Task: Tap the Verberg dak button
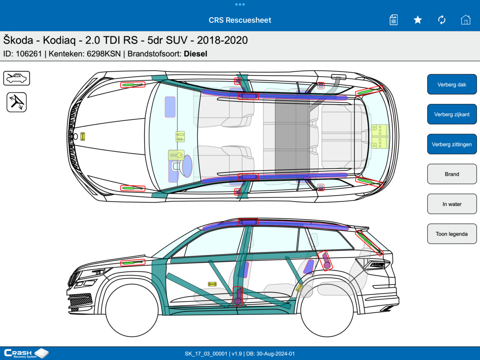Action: [x=452, y=84]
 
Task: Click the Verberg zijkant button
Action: [x=452, y=114]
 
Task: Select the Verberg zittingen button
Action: [x=452, y=144]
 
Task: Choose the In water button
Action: [x=452, y=204]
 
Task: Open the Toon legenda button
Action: [x=452, y=234]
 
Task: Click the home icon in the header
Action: [x=466, y=20]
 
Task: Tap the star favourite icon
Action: [x=418, y=20]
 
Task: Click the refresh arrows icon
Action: [x=442, y=20]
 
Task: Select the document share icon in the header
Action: [x=394, y=20]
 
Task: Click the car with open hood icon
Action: [x=17, y=78]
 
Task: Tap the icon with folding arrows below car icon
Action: [x=17, y=102]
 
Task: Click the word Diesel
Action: [x=195, y=54]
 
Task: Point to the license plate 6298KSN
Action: [x=104, y=54]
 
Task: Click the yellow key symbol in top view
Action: [x=176, y=155]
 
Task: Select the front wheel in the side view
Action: [x=132, y=311]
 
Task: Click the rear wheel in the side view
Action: [x=327, y=311]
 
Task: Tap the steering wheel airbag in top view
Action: [x=187, y=166]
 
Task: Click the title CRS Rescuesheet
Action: [x=240, y=20]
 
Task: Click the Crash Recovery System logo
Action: [x=26, y=353]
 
